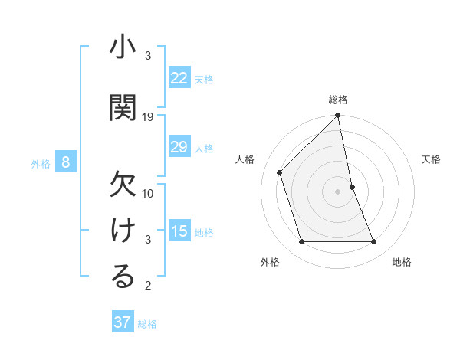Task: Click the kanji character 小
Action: click(123, 49)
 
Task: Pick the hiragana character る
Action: click(123, 277)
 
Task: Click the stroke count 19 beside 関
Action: click(148, 117)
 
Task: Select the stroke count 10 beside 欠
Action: click(148, 194)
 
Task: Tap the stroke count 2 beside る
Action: click(148, 286)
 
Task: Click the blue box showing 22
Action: click(179, 78)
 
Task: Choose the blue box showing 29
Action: click(179, 147)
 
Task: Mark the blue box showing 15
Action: click(179, 231)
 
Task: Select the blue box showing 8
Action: click(66, 162)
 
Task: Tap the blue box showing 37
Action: click(123, 322)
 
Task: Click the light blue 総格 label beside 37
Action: click(148, 324)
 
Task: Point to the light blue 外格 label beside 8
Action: click(41, 163)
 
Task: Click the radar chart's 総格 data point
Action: click(337, 116)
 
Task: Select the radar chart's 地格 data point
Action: click(374, 242)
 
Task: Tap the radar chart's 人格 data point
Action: click(280, 172)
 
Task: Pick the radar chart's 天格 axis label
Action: click(432, 159)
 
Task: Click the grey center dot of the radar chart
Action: click(337, 191)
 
